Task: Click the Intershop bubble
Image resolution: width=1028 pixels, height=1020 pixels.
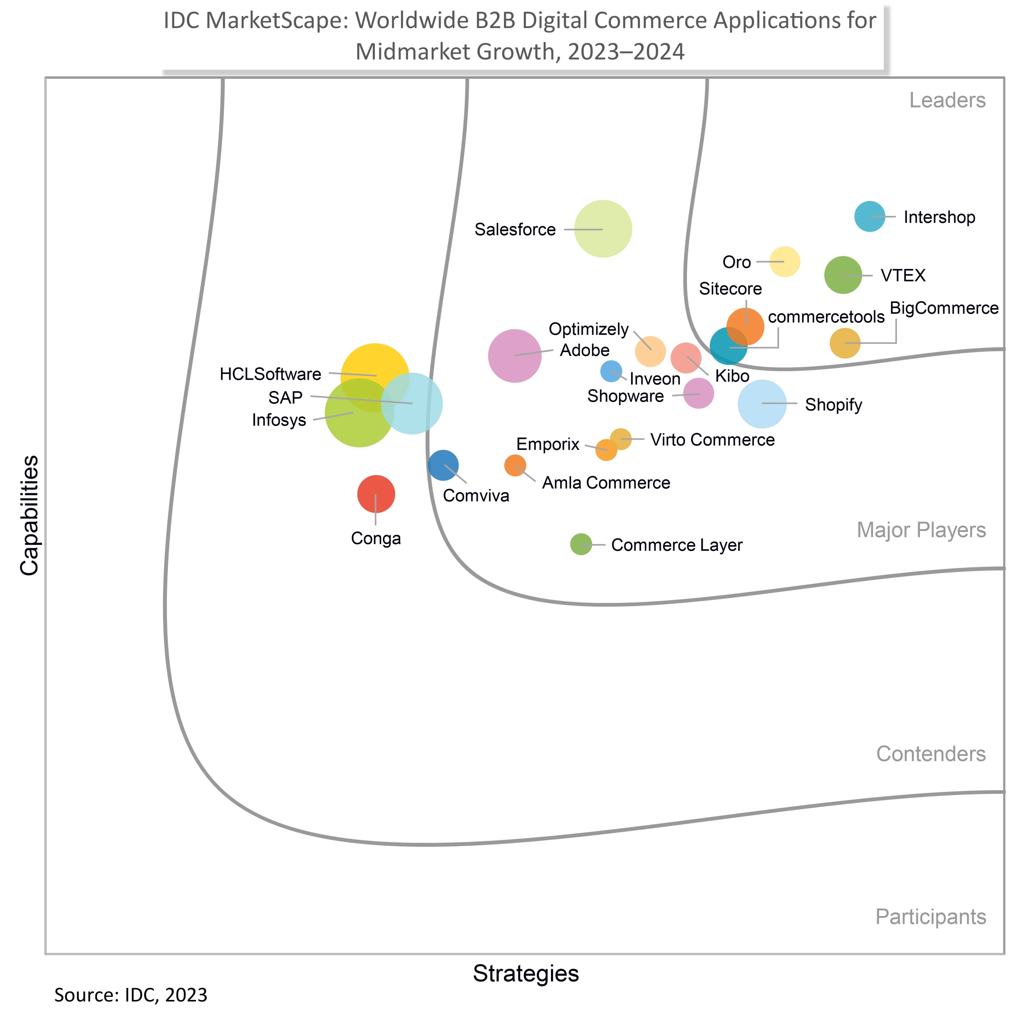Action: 870,217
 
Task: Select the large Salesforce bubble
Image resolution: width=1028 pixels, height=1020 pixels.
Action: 603,229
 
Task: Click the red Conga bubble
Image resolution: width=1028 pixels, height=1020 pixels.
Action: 376,494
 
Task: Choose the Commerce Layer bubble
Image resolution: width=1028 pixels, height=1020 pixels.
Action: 580,544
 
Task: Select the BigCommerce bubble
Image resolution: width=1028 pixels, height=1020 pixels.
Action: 844,343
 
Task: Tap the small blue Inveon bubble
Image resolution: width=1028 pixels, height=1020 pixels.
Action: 611,371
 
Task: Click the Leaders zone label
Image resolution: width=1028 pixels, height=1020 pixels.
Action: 947,100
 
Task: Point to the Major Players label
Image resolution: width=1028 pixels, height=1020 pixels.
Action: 921,530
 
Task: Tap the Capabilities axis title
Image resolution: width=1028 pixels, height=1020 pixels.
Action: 29,515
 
